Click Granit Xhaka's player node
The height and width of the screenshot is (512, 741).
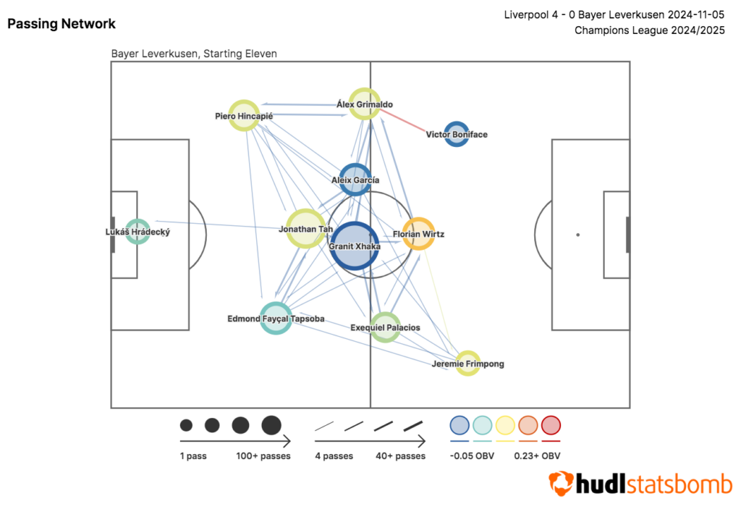[355, 246]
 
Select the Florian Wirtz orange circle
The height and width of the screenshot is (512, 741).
[418, 234]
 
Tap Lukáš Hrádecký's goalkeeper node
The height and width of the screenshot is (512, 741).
[137, 232]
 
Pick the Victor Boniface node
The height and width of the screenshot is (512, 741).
[456, 134]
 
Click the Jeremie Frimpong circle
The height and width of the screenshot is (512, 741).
[467, 363]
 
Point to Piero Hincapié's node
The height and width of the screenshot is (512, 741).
[244, 115]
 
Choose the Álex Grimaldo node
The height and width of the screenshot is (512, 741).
[365, 104]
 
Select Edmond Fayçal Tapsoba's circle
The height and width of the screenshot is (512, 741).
[275, 318]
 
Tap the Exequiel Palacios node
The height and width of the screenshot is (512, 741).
[385, 327]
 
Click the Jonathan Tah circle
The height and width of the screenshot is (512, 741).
[306, 229]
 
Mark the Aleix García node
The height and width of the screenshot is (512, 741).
[355, 180]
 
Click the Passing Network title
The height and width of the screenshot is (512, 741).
[62, 24]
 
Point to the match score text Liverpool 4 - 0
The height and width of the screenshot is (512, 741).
[551, 14]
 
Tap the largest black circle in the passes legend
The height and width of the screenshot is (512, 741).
[271, 425]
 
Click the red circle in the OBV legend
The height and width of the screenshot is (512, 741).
[551, 425]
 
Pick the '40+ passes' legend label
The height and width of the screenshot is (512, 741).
[400, 456]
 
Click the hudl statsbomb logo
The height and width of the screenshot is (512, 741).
[640, 483]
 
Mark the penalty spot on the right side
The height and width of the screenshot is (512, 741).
[577, 235]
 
